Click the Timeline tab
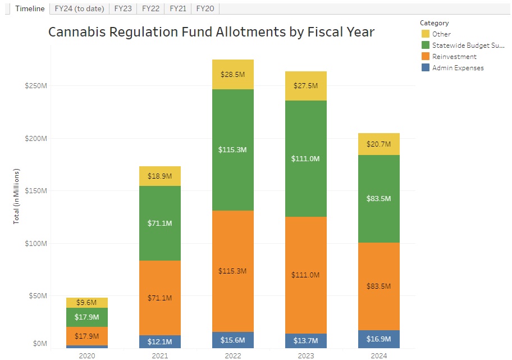pyautogui.click(x=29, y=8)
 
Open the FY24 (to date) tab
pyautogui.click(x=79, y=8)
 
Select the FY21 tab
pyautogui.click(x=177, y=8)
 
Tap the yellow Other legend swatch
pyautogui.click(x=426, y=34)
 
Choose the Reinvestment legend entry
pyautogui.click(x=454, y=57)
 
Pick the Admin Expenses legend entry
pyautogui.click(x=458, y=68)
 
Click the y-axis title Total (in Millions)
pyautogui.click(x=16, y=195)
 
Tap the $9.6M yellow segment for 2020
pyautogui.click(x=86, y=303)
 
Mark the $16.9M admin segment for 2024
pyautogui.click(x=378, y=339)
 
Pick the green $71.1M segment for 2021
pyautogui.click(x=159, y=223)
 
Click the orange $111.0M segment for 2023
pyautogui.click(x=305, y=275)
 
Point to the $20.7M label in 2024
pyautogui.click(x=378, y=144)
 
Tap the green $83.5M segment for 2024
pyautogui.click(x=378, y=199)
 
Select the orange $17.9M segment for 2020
pyautogui.click(x=86, y=336)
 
